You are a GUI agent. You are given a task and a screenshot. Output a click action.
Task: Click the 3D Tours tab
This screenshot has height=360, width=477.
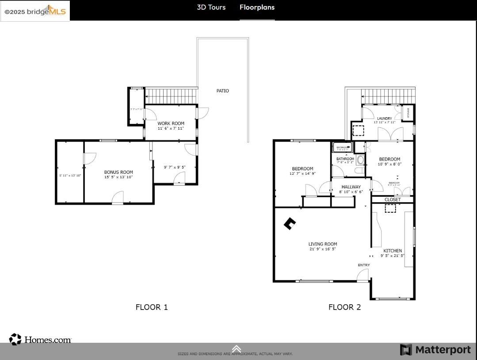(x=211, y=8)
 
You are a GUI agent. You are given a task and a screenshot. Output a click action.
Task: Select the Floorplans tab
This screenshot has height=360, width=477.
(x=257, y=8)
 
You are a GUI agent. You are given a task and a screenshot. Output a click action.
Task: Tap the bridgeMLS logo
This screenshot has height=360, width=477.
(x=35, y=11)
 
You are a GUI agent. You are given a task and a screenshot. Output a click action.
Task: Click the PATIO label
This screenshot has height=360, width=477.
(x=222, y=91)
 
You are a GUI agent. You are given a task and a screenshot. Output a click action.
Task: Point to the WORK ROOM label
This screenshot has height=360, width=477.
(x=171, y=123)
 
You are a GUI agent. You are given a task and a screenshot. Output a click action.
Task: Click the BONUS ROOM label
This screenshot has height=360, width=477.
(x=118, y=172)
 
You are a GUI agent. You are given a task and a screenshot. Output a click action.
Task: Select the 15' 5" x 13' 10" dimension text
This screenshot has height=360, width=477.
(x=118, y=177)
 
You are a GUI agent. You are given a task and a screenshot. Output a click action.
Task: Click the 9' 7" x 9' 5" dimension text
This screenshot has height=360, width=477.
(x=175, y=167)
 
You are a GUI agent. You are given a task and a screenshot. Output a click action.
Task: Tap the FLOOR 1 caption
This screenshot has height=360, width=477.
(x=152, y=307)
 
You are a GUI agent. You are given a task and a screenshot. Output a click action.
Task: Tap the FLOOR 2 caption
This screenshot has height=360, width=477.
(x=344, y=307)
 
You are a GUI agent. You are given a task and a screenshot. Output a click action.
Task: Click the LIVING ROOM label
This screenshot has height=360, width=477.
(x=323, y=244)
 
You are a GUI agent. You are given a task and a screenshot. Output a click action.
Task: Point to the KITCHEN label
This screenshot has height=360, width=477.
(x=393, y=251)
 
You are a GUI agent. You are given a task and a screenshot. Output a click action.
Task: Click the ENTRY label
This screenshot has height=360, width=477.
(x=364, y=265)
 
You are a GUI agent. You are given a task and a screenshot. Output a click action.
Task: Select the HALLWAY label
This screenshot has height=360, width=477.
(x=351, y=187)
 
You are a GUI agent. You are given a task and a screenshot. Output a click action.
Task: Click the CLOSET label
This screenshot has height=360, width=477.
(x=393, y=199)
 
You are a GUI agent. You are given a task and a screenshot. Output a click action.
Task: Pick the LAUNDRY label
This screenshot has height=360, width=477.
(x=384, y=119)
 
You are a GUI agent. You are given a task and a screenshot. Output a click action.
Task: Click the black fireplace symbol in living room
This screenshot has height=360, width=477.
(x=289, y=224)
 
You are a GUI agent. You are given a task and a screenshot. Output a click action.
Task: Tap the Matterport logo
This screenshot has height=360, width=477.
(x=435, y=350)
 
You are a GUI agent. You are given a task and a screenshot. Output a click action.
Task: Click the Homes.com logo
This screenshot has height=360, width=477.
(x=40, y=340)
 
